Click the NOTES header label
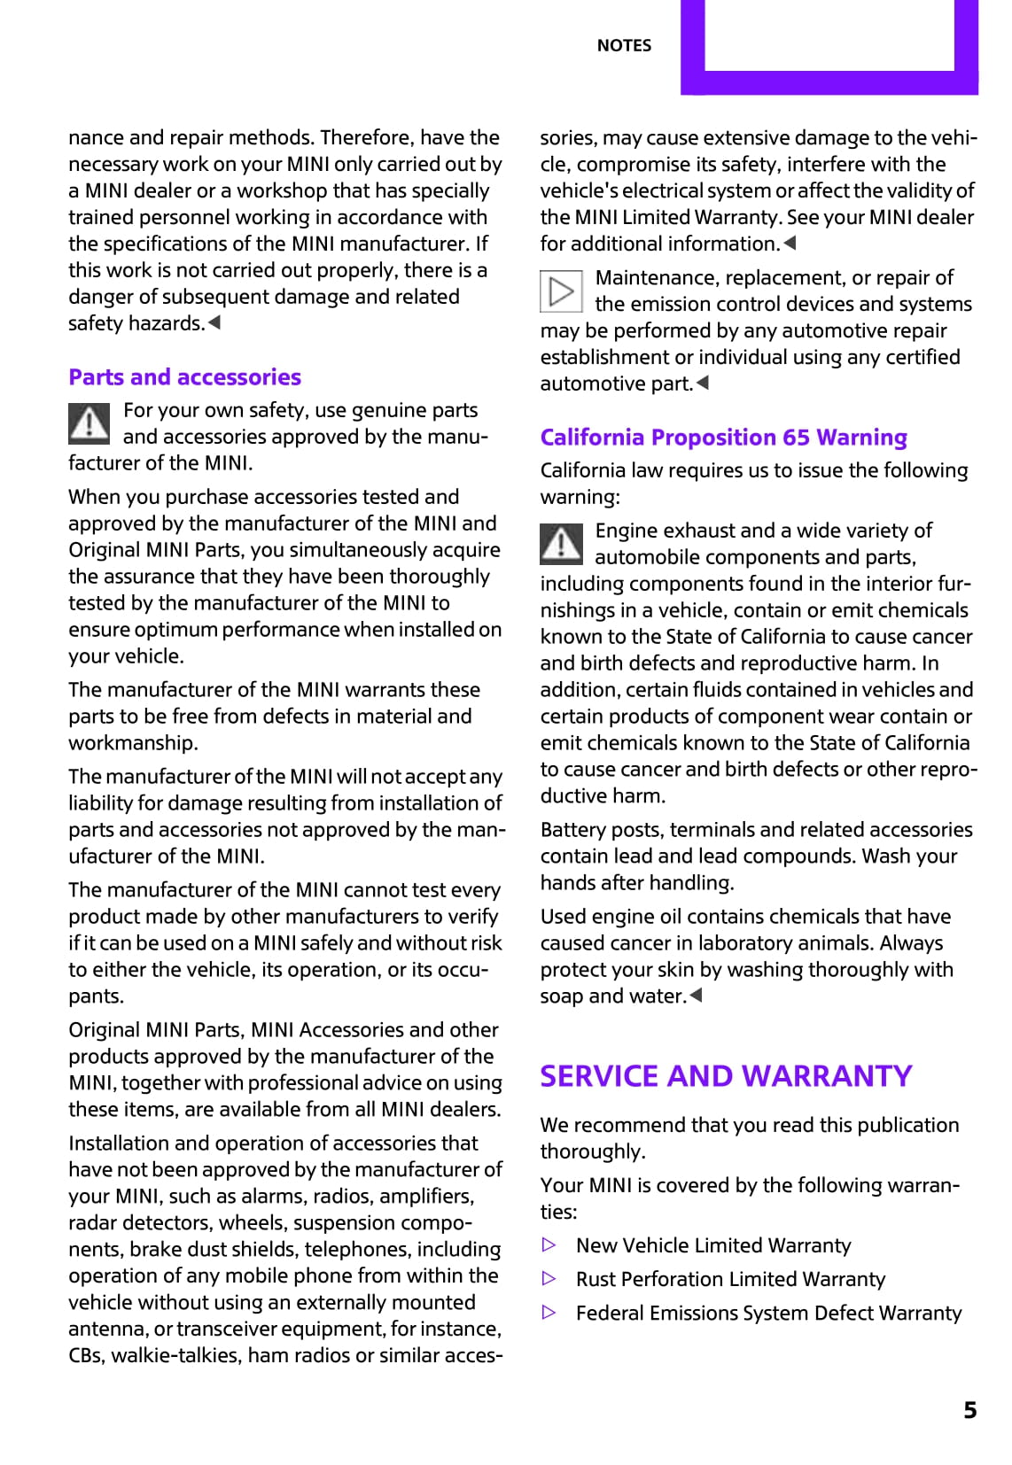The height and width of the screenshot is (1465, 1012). [x=624, y=45]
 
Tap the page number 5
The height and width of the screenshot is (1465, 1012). [x=970, y=1409]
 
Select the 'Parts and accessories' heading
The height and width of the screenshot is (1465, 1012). [x=184, y=377]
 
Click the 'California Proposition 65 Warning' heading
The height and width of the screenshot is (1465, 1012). [x=723, y=438]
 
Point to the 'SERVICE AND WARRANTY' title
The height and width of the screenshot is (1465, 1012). [x=726, y=1075]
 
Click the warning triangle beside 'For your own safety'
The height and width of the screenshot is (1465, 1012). [x=90, y=423]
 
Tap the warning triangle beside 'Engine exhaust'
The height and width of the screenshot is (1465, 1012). [x=561, y=544]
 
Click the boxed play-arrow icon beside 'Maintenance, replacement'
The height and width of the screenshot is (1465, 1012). [x=561, y=291]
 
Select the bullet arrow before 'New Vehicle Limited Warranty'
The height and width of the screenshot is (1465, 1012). [x=549, y=1245]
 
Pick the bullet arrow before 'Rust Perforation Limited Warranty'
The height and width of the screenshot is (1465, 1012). [x=549, y=1279]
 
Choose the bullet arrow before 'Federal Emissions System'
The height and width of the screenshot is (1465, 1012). [x=549, y=1313]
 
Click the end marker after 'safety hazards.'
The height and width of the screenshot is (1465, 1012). [x=214, y=323]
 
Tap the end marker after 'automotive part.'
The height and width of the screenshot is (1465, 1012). [x=703, y=384]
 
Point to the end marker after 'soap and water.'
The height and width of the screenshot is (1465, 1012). [x=697, y=996]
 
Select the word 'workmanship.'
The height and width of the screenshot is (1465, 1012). [x=133, y=743]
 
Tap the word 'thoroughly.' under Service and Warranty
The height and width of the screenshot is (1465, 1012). [x=593, y=1151]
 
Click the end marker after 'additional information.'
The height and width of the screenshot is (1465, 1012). [x=790, y=244]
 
